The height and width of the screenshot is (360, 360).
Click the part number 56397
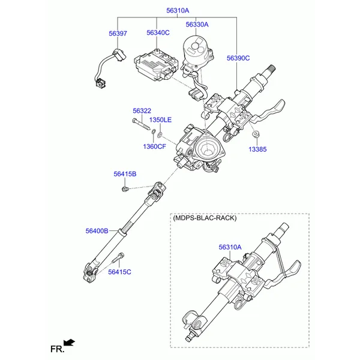[118, 34]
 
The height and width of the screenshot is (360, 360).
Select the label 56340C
[158, 32]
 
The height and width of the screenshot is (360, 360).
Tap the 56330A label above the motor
[197, 25]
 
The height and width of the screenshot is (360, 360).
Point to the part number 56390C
[238, 58]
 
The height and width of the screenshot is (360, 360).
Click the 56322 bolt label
[142, 110]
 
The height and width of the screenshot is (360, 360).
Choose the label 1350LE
[160, 120]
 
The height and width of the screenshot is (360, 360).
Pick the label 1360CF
[154, 146]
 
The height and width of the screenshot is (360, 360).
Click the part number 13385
[257, 149]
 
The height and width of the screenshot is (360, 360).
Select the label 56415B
[125, 174]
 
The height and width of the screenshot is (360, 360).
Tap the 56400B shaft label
[97, 231]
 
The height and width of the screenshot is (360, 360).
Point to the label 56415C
[119, 272]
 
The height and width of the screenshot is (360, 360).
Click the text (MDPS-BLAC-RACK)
[205, 218]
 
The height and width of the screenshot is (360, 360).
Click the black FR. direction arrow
[69, 343]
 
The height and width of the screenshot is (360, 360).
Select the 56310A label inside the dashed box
[230, 247]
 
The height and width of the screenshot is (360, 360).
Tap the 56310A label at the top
[178, 11]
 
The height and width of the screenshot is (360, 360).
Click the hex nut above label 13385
[255, 134]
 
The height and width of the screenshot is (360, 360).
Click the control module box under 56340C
[156, 65]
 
